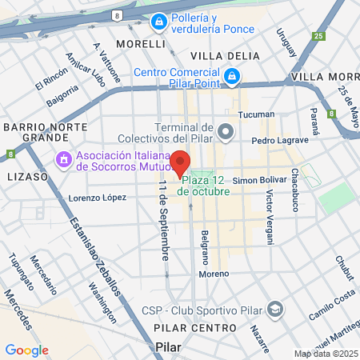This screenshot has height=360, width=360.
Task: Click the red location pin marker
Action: (x=181, y=162)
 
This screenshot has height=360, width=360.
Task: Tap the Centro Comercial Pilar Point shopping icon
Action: (x=232, y=77)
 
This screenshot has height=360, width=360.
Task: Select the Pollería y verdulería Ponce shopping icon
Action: (x=160, y=20)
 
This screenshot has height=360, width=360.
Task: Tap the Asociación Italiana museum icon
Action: (x=62, y=161)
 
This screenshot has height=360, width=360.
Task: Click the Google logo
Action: (x=26, y=350)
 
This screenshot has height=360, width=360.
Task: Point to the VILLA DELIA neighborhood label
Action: (x=226, y=55)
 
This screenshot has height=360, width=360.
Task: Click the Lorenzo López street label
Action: (x=98, y=197)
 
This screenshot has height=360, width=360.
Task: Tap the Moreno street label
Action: (x=214, y=274)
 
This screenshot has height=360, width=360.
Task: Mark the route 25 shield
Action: (x=320, y=36)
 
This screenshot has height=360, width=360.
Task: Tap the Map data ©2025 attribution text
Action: (x=325, y=354)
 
